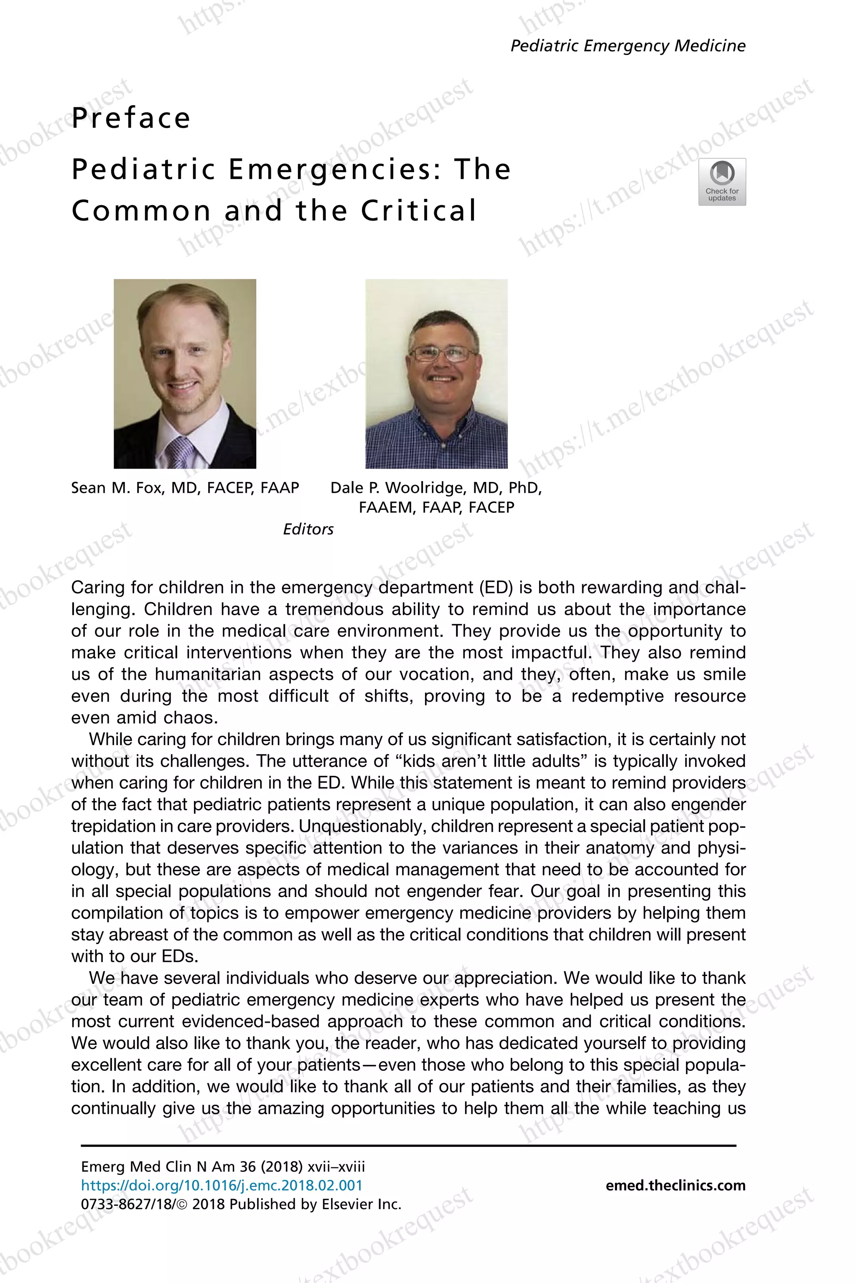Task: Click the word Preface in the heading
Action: point(131,118)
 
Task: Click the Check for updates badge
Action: point(722,182)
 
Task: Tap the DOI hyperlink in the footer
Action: point(222,1185)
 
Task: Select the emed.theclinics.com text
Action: point(675,1185)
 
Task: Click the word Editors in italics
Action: point(308,529)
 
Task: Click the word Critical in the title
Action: point(419,210)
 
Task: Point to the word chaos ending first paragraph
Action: point(191,718)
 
